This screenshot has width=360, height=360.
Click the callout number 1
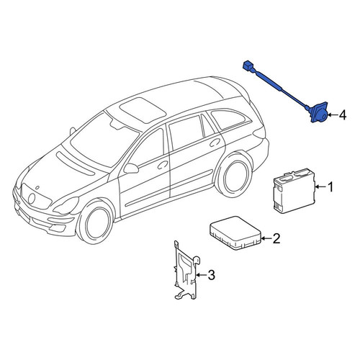(330, 187)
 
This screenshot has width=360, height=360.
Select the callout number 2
(276, 238)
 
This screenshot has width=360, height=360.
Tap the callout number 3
(211, 275)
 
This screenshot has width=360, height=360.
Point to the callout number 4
(343, 115)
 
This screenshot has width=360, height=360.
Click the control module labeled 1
(294, 191)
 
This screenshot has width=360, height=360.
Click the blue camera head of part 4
(318, 113)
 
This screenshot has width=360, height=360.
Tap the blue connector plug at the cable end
(248, 66)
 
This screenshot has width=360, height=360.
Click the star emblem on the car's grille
(32, 199)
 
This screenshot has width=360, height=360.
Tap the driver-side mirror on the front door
(131, 168)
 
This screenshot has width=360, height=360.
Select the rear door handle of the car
(215, 143)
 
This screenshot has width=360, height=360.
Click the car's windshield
(104, 142)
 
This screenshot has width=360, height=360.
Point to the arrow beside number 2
(266, 238)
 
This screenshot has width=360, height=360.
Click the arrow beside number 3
(201, 275)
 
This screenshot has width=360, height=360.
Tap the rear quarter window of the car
(228, 120)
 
